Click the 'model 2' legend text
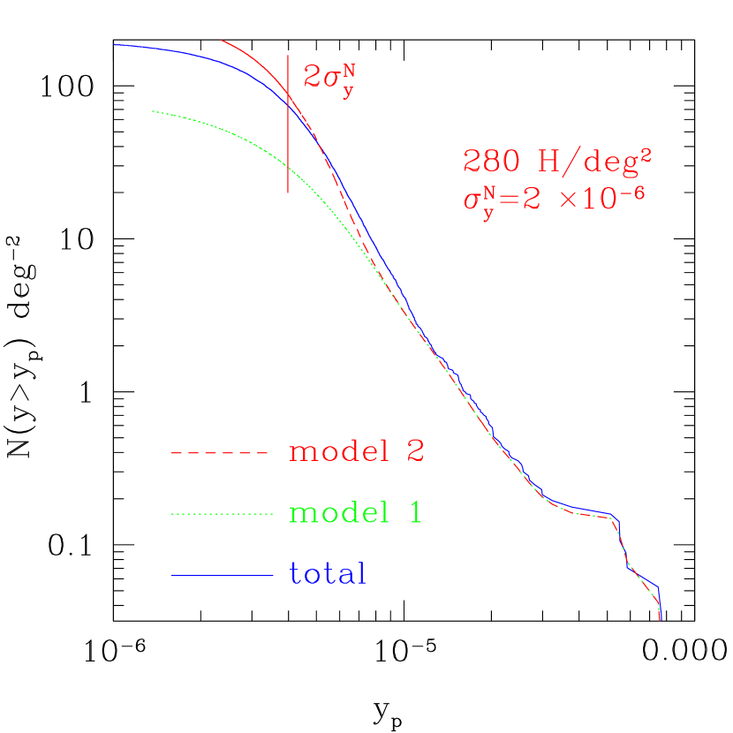click(x=357, y=451)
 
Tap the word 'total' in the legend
click(x=327, y=574)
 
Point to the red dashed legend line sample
click(x=219, y=453)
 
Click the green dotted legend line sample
click(x=221, y=514)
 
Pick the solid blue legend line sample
click(x=221, y=576)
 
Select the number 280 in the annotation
click(x=488, y=161)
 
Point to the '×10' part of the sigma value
click(x=590, y=200)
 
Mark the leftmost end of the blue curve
click(x=115, y=44)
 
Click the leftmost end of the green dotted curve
click(x=153, y=111)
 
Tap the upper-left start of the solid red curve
click(x=222, y=40)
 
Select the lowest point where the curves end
click(x=660, y=620)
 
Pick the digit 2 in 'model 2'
click(x=415, y=451)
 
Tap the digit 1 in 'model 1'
click(x=415, y=513)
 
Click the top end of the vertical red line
click(x=288, y=55)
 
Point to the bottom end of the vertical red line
click(x=288, y=192)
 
